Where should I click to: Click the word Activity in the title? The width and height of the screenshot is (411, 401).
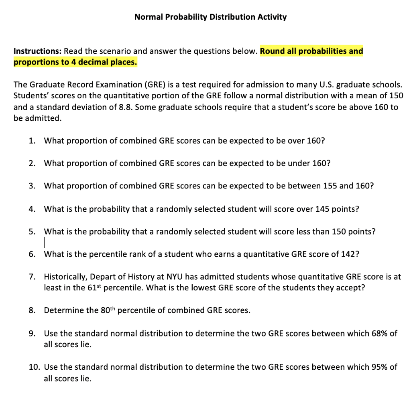pyautogui.click(x=271, y=17)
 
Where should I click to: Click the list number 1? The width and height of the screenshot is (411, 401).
pyautogui.click(x=31, y=141)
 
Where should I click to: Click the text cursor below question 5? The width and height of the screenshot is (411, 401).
pyautogui.click(x=45, y=243)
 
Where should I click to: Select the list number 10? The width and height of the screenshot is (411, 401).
pyautogui.click(x=33, y=367)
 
